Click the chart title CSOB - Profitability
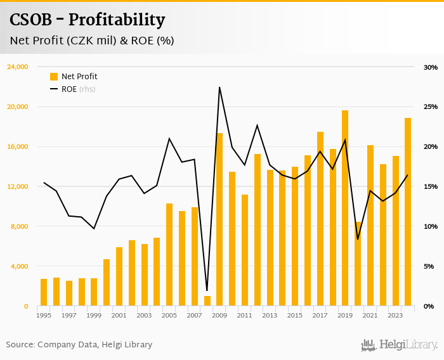click(x=87, y=20)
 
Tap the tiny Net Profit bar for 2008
click(x=207, y=301)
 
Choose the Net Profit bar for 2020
click(x=358, y=264)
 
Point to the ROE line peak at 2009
click(x=219, y=87)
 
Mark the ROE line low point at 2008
click(x=207, y=290)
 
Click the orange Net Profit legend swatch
click(x=54, y=77)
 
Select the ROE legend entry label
click(x=69, y=89)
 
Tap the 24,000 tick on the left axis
click(x=17, y=67)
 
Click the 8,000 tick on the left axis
click(x=19, y=226)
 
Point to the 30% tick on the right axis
click(x=431, y=67)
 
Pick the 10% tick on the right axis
click(x=431, y=226)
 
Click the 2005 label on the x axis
click(x=169, y=315)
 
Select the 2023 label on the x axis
click(x=395, y=315)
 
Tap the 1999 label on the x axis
click(x=94, y=315)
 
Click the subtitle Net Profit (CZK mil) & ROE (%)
click(x=92, y=41)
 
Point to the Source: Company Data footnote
click(x=79, y=345)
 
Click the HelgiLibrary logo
click(x=399, y=345)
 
